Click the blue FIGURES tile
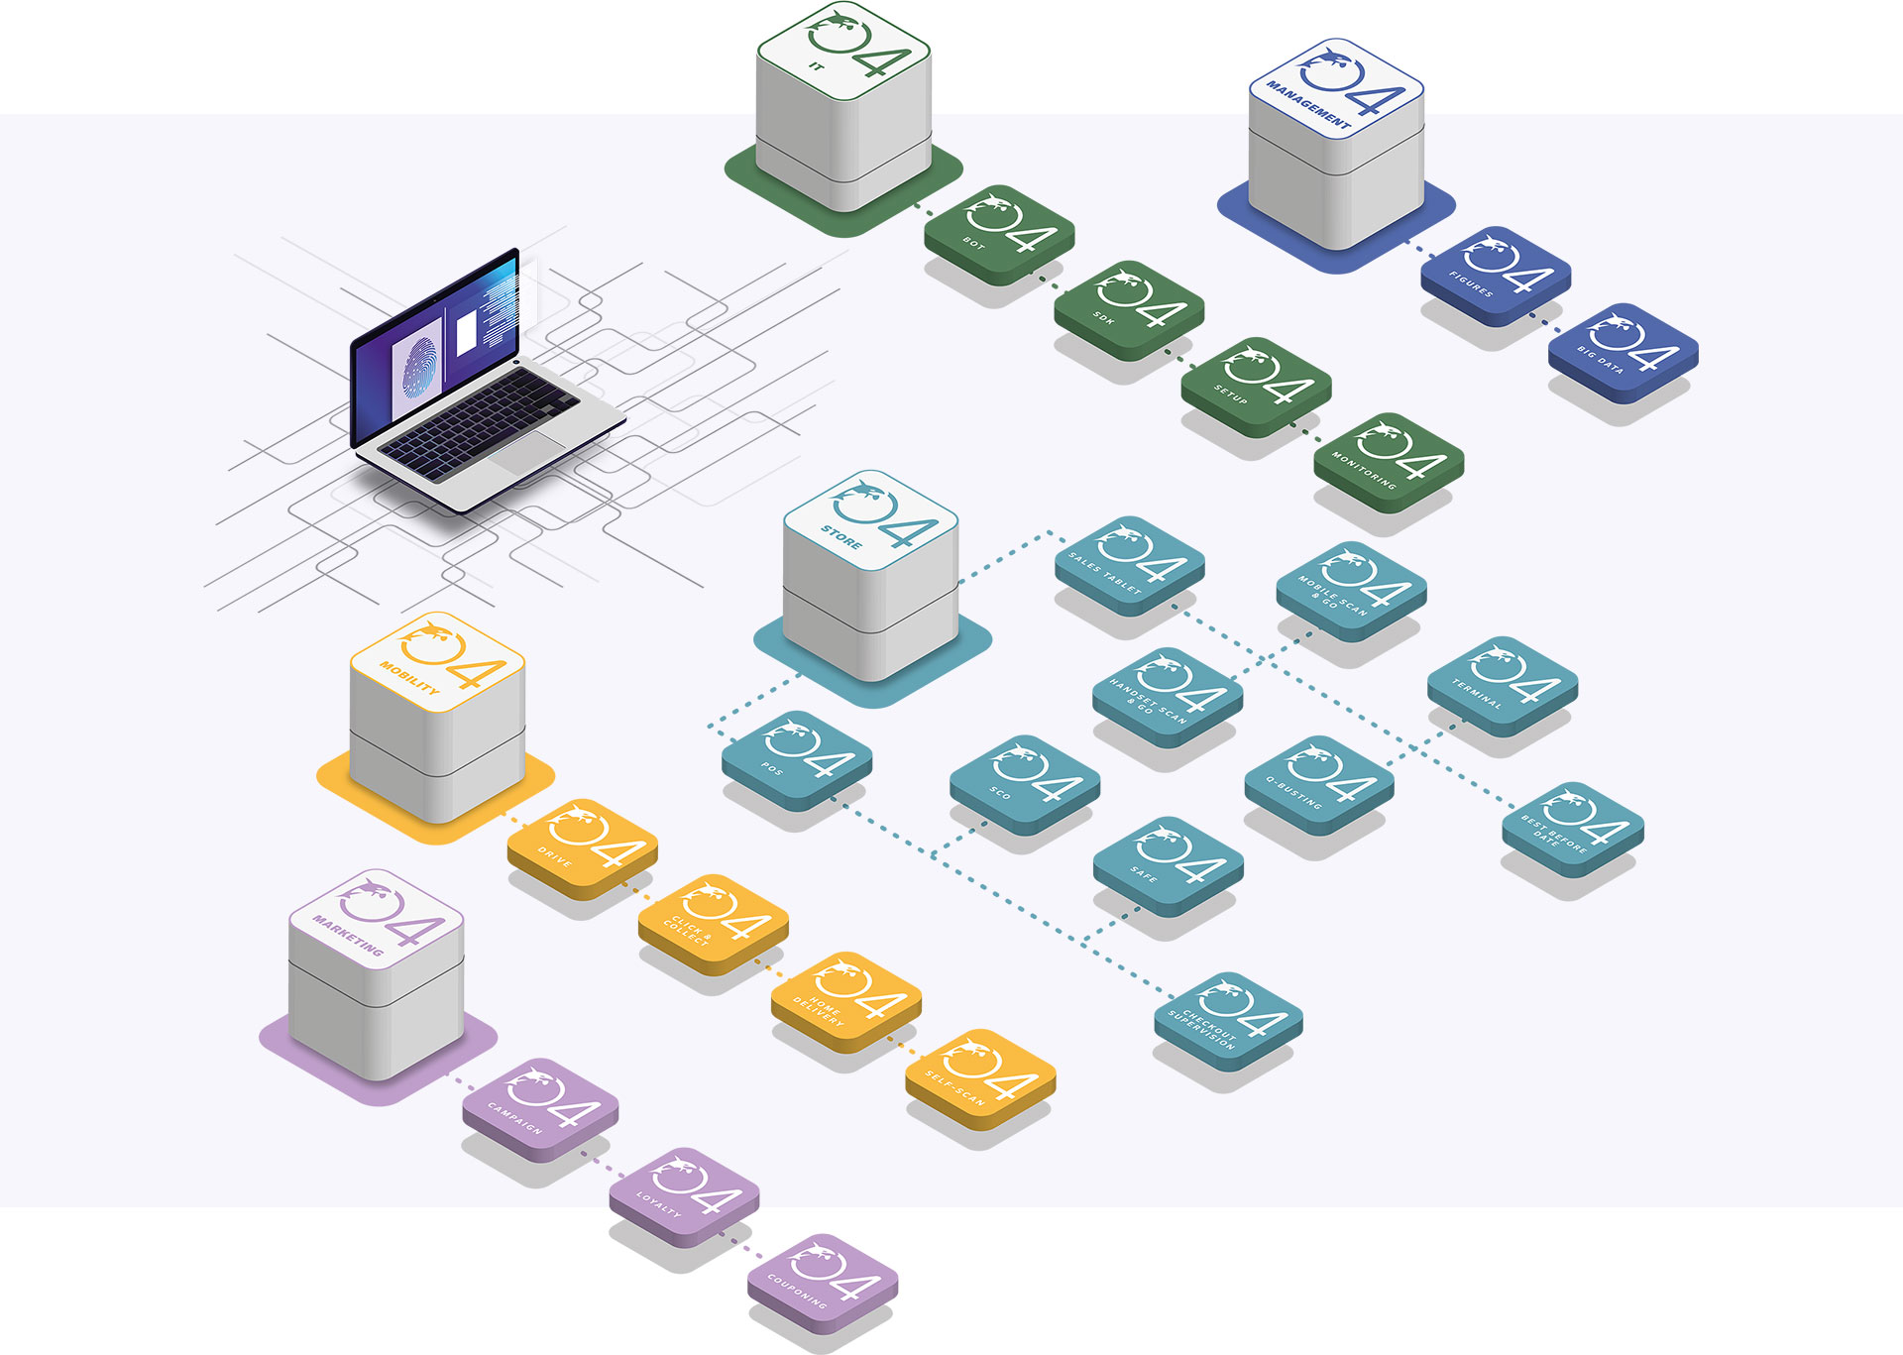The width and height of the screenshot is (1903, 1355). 1496,275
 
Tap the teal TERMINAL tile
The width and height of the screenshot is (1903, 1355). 1502,683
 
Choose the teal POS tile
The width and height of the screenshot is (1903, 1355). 797,758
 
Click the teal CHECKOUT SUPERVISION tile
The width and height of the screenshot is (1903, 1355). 1228,1018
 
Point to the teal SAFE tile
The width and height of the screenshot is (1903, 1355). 1168,864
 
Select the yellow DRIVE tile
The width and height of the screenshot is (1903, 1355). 582,847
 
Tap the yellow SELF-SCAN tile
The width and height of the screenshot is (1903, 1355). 980,1077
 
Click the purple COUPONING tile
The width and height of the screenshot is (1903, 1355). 823,1282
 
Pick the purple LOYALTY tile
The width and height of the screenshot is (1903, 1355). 684,1195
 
